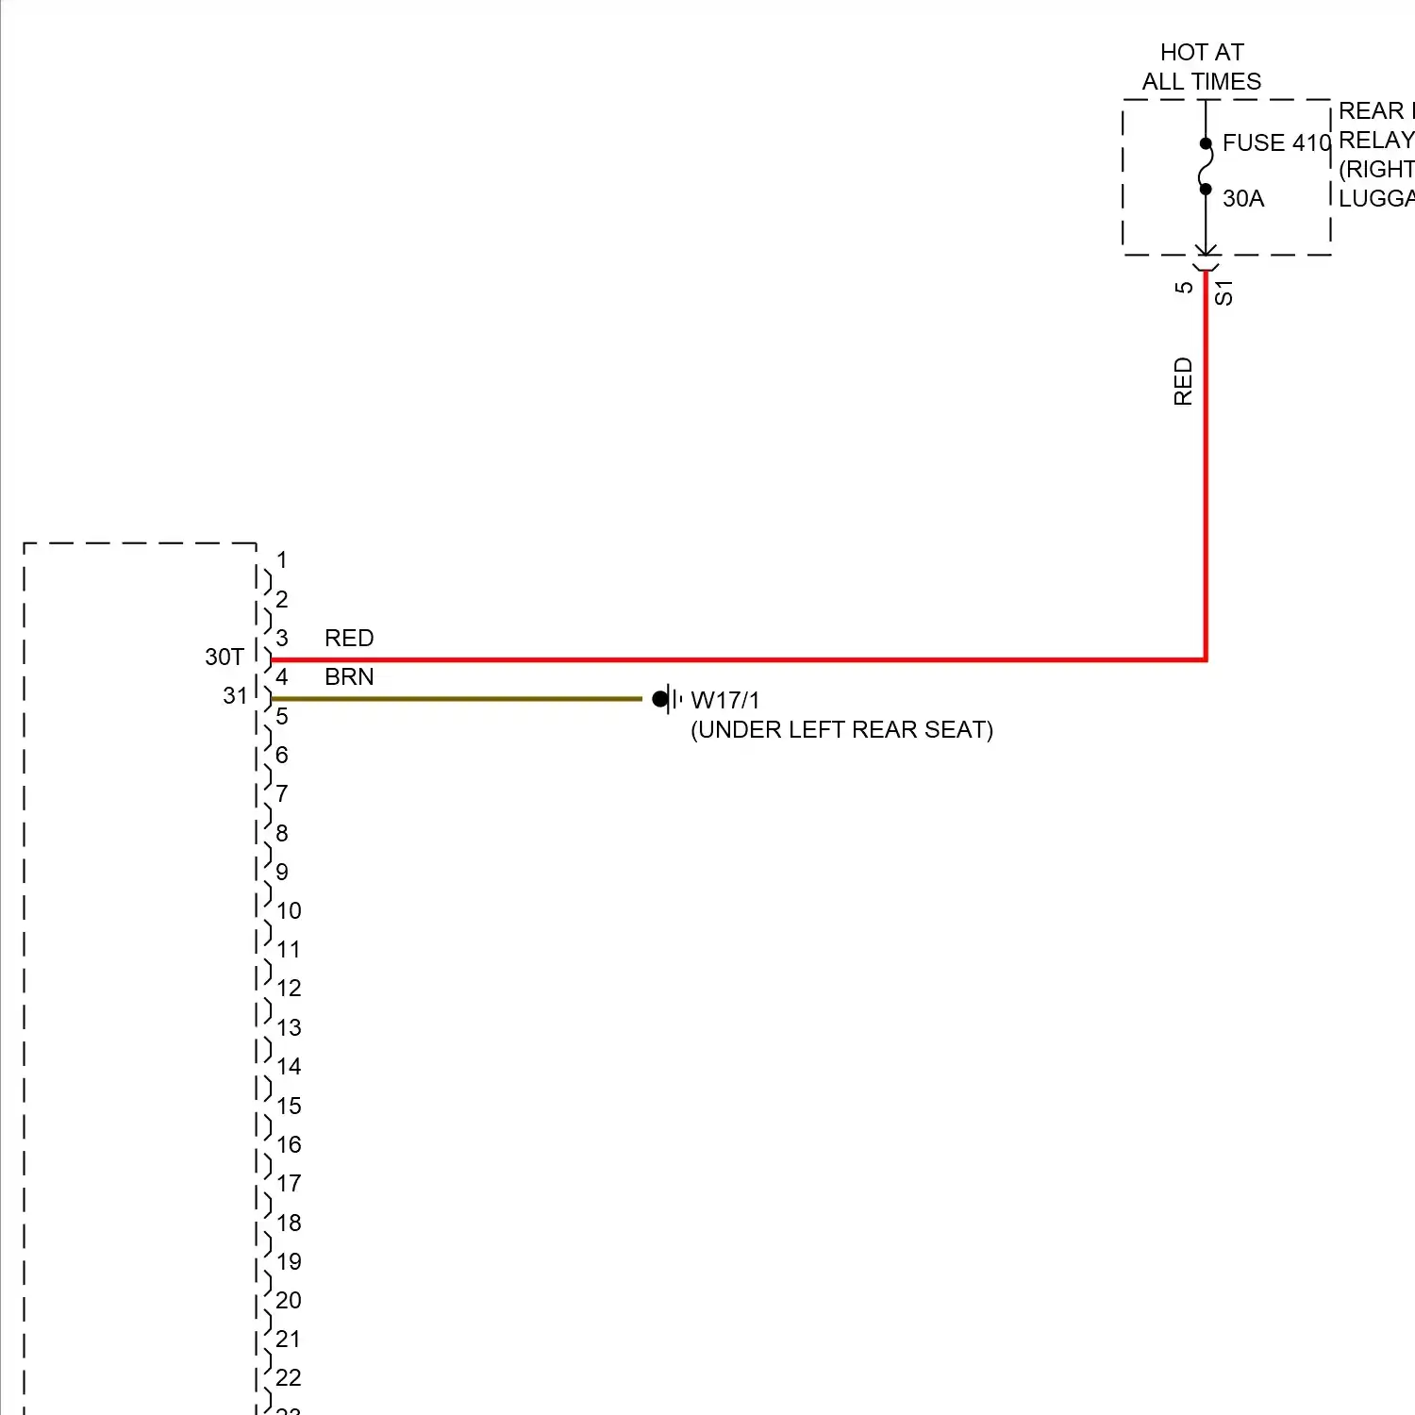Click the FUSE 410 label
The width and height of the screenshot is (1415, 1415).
pos(1275,143)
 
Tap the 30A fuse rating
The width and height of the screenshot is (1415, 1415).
pos(1242,199)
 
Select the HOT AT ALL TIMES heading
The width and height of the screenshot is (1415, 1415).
pos(1201,66)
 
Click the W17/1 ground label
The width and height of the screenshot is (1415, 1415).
pos(724,701)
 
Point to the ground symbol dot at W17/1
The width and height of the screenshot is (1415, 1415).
pos(660,699)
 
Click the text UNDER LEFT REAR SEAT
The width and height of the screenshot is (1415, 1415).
pos(841,730)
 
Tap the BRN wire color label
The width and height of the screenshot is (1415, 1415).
pos(349,677)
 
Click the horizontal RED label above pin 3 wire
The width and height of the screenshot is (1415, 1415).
pos(349,639)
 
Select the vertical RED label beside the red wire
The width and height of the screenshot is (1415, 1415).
pos(1183,381)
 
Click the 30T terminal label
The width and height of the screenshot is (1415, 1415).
pos(225,658)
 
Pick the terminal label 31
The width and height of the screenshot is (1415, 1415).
pos(235,696)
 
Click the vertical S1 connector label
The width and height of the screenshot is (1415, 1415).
pos(1224,292)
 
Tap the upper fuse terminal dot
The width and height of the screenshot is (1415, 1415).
pos(1206,144)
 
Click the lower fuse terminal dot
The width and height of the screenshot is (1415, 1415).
pos(1206,190)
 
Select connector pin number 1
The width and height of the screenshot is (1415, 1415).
pos(281,560)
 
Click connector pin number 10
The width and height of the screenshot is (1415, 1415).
pos(289,911)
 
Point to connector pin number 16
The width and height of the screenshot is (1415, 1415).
pos(289,1145)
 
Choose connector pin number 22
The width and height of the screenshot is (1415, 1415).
pos(289,1378)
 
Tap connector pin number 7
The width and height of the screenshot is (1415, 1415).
pos(281,794)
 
